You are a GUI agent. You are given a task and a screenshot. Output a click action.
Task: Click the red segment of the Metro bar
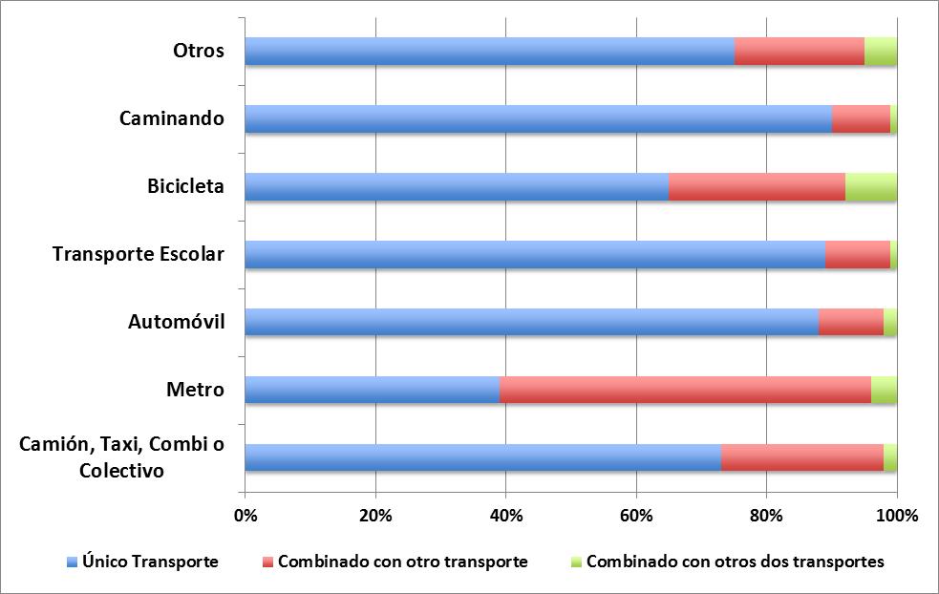[685, 390]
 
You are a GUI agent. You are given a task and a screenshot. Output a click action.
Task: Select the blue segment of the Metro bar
[373, 390]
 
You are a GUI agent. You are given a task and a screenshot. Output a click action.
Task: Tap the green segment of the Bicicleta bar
[871, 186]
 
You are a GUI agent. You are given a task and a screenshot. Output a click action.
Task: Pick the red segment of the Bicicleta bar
[757, 186]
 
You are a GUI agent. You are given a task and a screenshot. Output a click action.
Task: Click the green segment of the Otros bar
[881, 51]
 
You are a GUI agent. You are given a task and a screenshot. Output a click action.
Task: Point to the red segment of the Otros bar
[800, 51]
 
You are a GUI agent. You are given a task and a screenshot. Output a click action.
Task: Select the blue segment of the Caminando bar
[538, 118]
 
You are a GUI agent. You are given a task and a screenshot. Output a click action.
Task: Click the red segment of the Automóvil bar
[851, 322]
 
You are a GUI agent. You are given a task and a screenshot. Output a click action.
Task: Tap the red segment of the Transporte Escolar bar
[858, 254]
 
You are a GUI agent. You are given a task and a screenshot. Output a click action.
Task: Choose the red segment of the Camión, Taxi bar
[802, 457]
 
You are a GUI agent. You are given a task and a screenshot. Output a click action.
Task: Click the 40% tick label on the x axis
[505, 516]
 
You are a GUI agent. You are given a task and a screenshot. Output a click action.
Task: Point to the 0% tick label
[245, 516]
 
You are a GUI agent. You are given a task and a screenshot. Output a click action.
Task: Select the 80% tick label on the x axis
[766, 516]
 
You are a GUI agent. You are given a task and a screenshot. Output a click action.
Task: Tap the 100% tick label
[896, 516]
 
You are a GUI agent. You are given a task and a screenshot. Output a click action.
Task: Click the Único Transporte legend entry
[150, 562]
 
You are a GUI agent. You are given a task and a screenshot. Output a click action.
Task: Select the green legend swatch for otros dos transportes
[576, 562]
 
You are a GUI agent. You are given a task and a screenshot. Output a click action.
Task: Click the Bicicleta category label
[185, 185]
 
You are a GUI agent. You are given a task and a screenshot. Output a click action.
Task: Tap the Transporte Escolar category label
[139, 253]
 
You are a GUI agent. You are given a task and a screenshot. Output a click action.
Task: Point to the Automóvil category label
[176, 322]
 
